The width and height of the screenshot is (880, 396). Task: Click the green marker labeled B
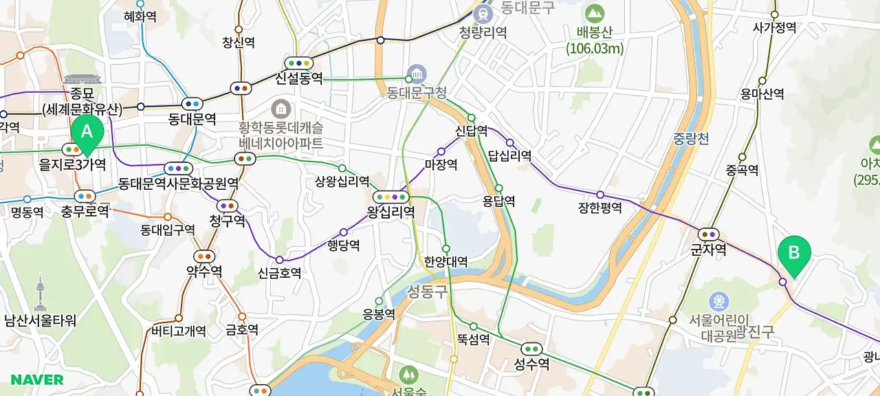[x=794, y=253]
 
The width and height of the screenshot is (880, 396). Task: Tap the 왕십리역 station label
[x=390, y=212]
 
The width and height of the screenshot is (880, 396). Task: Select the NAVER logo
[x=37, y=379]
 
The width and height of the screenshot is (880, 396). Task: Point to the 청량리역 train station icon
[x=483, y=14]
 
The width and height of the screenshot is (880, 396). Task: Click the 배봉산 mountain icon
[x=595, y=14]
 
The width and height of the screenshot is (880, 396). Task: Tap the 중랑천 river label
[x=692, y=139]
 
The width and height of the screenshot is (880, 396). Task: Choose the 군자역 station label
[x=708, y=250]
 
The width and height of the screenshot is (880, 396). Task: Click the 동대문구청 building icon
[x=417, y=73]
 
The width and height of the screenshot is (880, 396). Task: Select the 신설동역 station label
[x=298, y=78]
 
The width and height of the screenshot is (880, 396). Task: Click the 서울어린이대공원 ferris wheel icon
[x=719, y=300]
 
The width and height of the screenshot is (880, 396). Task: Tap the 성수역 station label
[x=531, y=364]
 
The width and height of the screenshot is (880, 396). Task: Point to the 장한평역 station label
[x=600, y=208]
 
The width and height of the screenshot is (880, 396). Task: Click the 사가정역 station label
[x=774, y=27]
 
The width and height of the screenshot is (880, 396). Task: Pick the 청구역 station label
[x=227, y=221]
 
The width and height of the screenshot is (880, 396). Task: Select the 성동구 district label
[x=427, y=291]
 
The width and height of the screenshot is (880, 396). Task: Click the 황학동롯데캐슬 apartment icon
[x=280, y=109]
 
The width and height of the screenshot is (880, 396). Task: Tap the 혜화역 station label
[x=140, y=16]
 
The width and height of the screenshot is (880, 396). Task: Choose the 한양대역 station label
[x=446, y=262]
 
